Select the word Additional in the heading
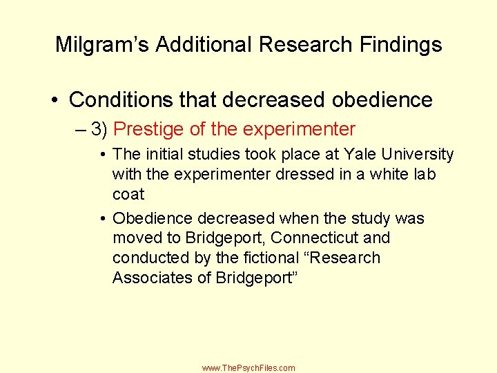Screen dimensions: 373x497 coord(204,45)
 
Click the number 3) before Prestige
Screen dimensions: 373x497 coord(99,129)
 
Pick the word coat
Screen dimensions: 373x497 coord(128,194)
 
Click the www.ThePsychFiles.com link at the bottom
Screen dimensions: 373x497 coord(248,368)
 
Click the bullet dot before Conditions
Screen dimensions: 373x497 coord(55,101)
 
